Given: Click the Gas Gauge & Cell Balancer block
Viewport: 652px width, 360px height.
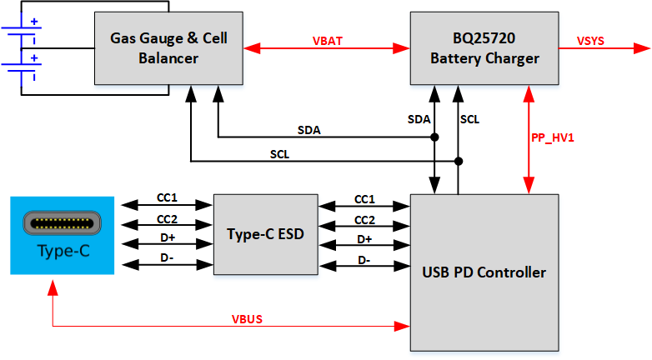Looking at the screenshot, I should pyautogui.click(x=168, y=48).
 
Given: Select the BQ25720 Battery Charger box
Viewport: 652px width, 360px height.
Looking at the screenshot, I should pyautogui.click(x=484, y=48).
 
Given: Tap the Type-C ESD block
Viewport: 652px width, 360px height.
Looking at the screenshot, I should pyautogui.click(x=265, y=233).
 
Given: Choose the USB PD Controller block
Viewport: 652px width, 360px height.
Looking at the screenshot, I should pyautogui.click(x=484, y=272).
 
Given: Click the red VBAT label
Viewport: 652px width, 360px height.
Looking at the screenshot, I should pyautogui.click(x=326, y=39).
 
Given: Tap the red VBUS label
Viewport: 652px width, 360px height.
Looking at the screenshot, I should pyautogui.click(x=248, y=317).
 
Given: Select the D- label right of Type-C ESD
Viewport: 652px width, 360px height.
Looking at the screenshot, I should pyautogui.click(x=364, y=260).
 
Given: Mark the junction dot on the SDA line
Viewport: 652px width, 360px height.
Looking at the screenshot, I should pyautogui.click(x=434, y=139).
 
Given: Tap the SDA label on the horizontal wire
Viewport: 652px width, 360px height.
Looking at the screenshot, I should pyautogui.click(x=309, y=130).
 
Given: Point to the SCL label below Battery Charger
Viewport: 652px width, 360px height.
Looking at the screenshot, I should pyautogui.click(x=469, y=119).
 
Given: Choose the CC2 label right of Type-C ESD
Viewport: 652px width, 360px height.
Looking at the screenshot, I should pyautogui.click(x=364, y=219).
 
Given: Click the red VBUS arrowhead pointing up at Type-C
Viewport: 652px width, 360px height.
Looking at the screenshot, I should pyautogui.click(x=53, y=286).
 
